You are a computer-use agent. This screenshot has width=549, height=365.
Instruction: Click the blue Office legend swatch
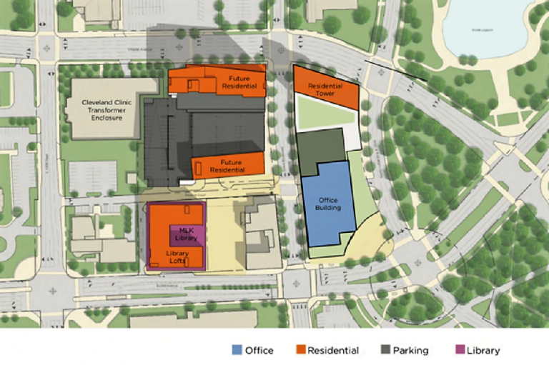coord(237,350)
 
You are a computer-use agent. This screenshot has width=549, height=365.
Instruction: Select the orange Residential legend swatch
coord(301,350)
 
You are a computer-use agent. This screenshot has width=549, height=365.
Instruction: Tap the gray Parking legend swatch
coord(386,350)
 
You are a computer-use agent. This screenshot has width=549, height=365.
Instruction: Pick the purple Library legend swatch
coord(460,350)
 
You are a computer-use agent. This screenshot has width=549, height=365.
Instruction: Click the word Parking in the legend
coord(411,351)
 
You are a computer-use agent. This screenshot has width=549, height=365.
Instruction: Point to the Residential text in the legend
coord(333,351)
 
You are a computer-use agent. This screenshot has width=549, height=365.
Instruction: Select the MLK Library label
coord(187,234)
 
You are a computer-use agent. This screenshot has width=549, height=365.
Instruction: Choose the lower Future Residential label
coord(231,166)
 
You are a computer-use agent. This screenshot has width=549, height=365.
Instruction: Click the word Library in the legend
coord(483,351)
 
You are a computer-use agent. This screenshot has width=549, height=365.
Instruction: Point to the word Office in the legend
coord(259,351)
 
